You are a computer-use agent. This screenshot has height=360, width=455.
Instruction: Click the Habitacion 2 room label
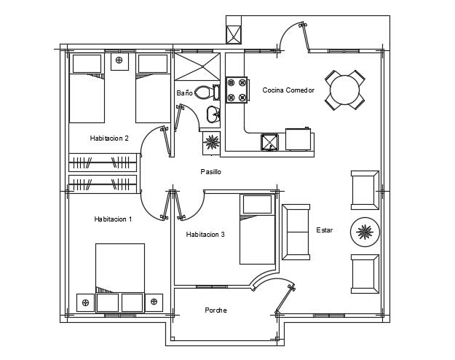click(x=109, y=138)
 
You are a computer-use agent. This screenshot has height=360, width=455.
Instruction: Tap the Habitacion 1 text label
click(x=113, y=219)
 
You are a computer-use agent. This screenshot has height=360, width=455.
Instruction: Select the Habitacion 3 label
click(x=205, y=234)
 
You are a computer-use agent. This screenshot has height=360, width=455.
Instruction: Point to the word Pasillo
click(x=210, y=172)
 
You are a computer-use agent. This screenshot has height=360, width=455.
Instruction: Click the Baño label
click(x=184, y=93)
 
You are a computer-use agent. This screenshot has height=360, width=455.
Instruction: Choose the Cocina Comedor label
click(x=288, y=90)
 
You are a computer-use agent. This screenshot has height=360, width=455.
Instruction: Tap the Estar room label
click(x=324, y=230)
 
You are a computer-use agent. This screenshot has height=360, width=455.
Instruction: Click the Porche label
click(x=215, y=310)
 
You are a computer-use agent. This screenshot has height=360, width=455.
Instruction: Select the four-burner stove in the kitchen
click(x=236, y=89)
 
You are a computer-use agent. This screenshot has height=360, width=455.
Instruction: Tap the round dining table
click(x=344, y=90)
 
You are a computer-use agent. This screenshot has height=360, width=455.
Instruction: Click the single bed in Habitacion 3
click(x=257, y=229)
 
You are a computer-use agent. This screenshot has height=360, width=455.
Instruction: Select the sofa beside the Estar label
click(x=296, y=231)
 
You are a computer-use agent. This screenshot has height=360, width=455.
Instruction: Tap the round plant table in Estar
click(x=364, y=232)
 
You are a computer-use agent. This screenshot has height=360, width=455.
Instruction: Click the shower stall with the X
click(x=197, y=66)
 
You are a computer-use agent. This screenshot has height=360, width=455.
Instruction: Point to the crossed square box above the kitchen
click(x=234, y=34)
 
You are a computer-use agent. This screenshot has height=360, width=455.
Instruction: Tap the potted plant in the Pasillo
click(x=211, y=142)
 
